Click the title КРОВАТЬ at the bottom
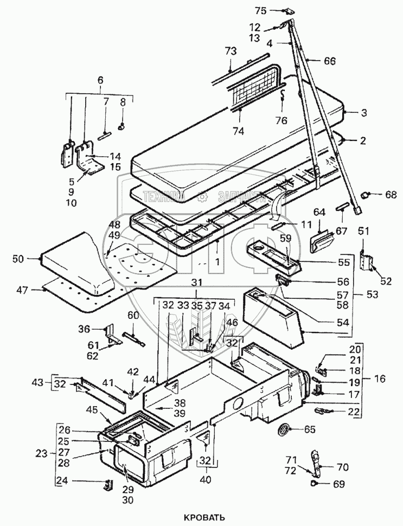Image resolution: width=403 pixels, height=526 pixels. coord(203,517)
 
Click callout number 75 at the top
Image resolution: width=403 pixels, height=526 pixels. coord(261,10)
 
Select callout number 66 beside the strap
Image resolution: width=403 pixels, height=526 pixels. coord(330,61)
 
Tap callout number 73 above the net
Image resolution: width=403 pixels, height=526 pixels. coord(231,50)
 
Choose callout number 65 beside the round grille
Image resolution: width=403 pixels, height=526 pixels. coord(309,430)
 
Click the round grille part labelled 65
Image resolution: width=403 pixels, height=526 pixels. coord(283,430)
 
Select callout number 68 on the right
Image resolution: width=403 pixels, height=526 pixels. coord(375,193)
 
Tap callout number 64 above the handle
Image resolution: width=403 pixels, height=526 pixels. coord(318,211)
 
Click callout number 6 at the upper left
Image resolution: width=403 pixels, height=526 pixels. coord(100,80)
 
